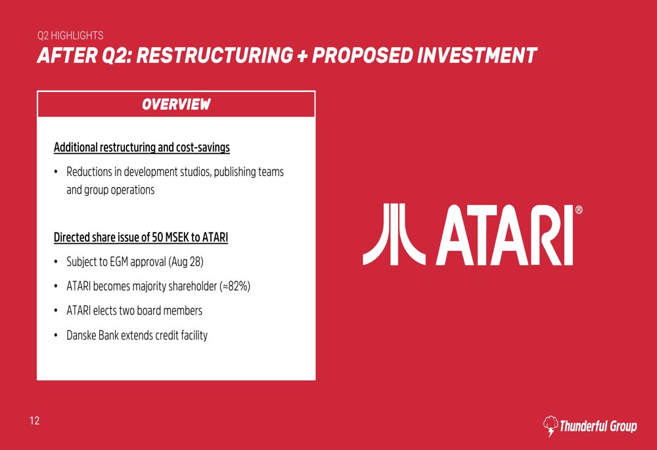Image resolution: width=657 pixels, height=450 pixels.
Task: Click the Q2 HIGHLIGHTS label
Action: point(70,35)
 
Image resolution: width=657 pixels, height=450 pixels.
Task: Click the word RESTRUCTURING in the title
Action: point(214,56)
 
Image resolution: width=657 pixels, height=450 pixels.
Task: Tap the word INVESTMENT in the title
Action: point(477,56)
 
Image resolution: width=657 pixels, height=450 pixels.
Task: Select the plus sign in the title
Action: point(302,56)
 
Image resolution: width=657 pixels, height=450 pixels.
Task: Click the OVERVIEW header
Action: point(176,104)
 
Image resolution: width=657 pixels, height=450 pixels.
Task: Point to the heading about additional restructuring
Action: point(142,148)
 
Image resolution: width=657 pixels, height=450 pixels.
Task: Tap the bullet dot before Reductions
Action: point(56,171)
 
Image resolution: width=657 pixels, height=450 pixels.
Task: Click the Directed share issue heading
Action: point(141,238)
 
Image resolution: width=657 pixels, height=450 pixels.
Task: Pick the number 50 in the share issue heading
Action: point(157,238)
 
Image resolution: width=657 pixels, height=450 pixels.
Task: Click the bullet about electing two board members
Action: point(134,311)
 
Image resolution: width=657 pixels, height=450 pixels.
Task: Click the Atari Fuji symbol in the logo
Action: point(394,235)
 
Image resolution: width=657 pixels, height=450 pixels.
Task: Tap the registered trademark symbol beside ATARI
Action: point(579,210)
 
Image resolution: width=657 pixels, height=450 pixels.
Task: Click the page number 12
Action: point(34,420)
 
